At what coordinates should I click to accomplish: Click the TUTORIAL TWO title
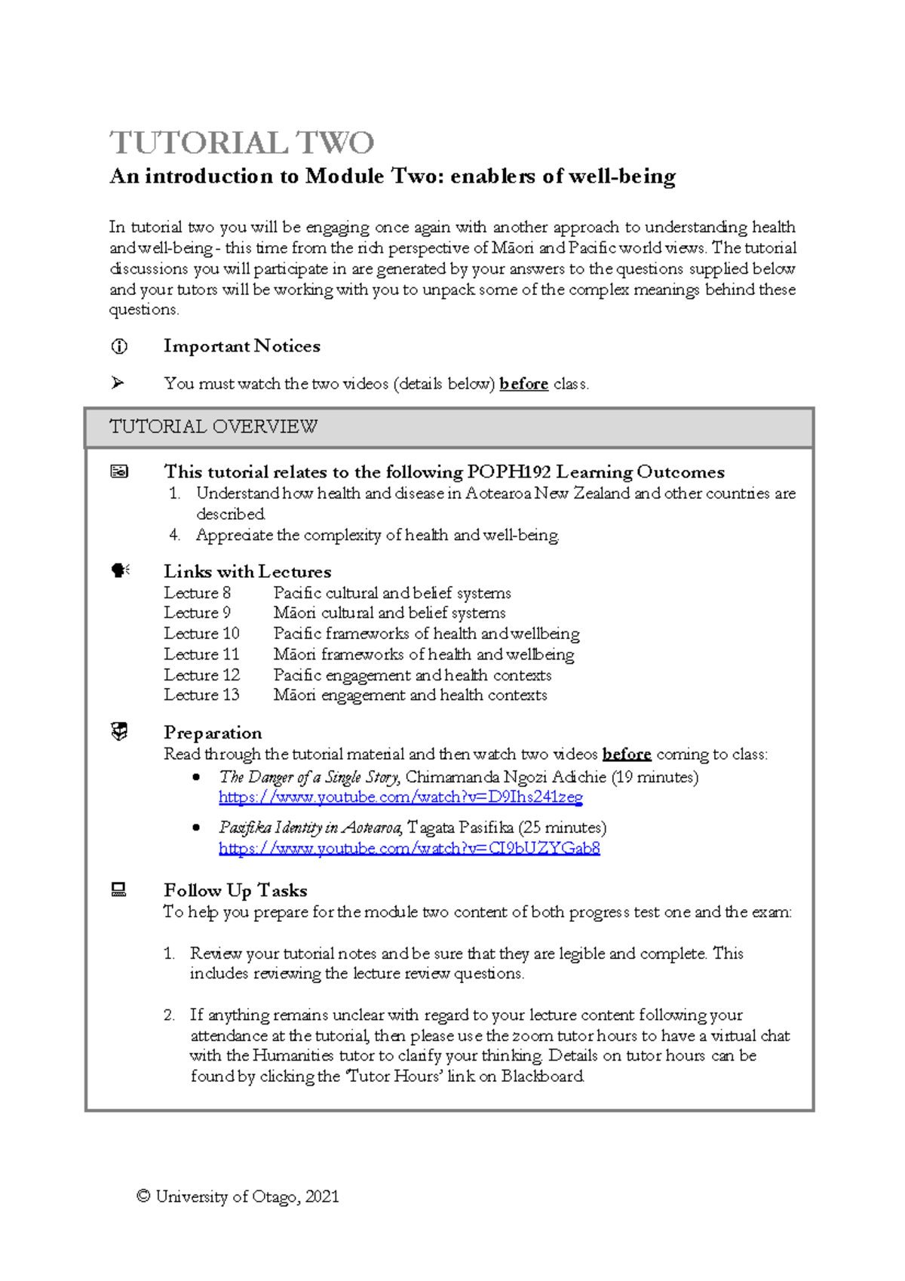pyautogui.click(x=242, y=143)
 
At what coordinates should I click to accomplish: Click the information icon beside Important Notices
pyautogui.click(x=119, y=346)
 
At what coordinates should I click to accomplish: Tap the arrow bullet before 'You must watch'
pyautogui.click(x=118, y=383)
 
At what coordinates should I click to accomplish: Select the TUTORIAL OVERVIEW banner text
pyautogui.click(x=213, y=427)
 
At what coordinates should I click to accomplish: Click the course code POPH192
pyautogui.click(x=509, y=472)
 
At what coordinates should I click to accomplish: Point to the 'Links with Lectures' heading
pyautogui.click(x=247, y=571)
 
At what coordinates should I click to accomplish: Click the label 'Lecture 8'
pyautogui.click(x=198, y=593)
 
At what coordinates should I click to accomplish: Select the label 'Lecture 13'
pyautogui.click(x=201, y=695)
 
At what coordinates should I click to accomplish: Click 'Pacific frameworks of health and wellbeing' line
pyautogui.click(x=426, y=634)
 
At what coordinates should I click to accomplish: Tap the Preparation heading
pyautogui.click(x=213, y=733)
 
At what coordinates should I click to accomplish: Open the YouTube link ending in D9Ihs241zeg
pyautogui.click(x=400, y=797)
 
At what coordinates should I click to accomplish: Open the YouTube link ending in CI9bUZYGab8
pyautogui.click(x=409, y=849)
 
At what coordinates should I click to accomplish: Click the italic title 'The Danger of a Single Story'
pyautogui.click(x=310, y=777)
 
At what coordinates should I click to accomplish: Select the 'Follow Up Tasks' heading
pyautogui.click(x=235, y=890)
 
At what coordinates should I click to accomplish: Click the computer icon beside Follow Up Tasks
pyautogui.click(x=118, y=890)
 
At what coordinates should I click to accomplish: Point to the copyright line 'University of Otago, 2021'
pyautogui.click(x=238, y=1197)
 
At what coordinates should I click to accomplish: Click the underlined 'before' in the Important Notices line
pyautogui.click(x=523, y=384)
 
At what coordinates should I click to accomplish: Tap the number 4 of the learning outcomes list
pyautogui.click(x=173, y=536)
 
